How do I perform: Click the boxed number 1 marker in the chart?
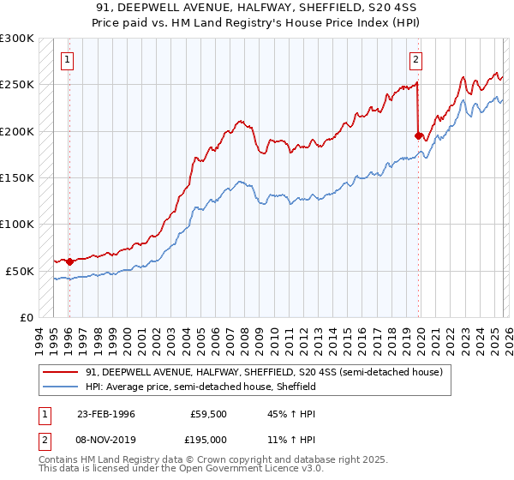pyautogui.click(x=68, y=59)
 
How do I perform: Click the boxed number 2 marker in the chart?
pyautogui.click(x=415, y=59)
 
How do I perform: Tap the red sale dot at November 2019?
pyautogui.click(x=418, y=135)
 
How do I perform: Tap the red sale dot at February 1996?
pyautogui.click(x=69, y=261)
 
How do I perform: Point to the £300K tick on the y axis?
pyautogui.click(x=17, y=39)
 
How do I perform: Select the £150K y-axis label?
pyautogui.click(x=17, y=177)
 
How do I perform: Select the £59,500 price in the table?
pyautogui.click(x=206, y=414)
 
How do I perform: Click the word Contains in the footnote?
pyautogui.click(x=60, y=461)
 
